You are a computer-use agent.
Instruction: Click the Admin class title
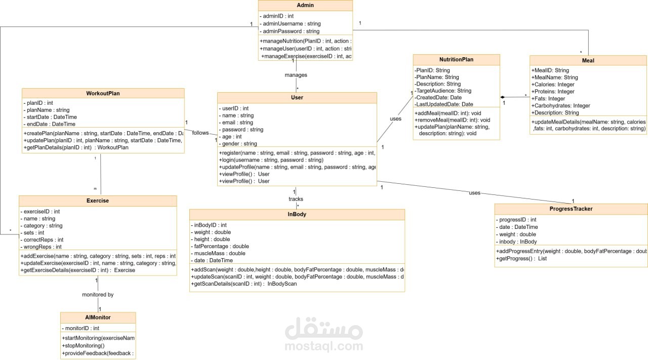click(305, 6)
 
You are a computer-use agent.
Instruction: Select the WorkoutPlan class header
click(103, 93)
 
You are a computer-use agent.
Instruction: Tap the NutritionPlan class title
click(456, 59)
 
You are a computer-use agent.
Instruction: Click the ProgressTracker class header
click(571, 209)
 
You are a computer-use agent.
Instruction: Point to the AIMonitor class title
click(98, 317)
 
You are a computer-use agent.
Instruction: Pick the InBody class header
click(297, 214)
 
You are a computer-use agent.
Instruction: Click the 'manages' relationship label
click(296, 75)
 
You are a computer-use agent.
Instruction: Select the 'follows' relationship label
click(200, 133)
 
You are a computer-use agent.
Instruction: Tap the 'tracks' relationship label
click(296, 199)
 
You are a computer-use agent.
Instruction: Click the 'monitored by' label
click(98, 294)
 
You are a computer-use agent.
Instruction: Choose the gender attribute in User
click(239, 144)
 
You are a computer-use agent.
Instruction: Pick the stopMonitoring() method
click(83, 346)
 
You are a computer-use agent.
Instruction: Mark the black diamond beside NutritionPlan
click(503, 97)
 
